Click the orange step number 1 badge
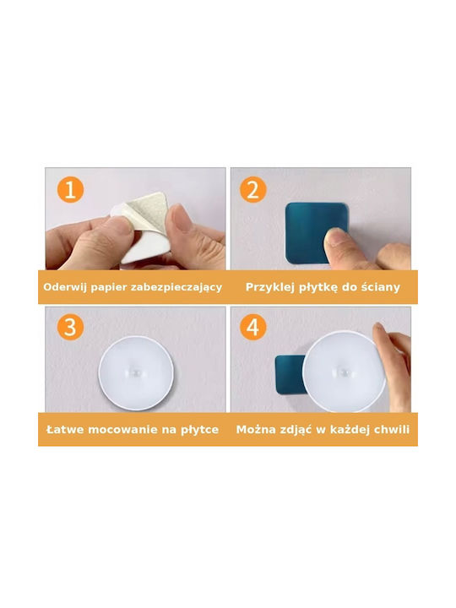[x=70, y=190]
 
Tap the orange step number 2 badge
[x=252, y=190]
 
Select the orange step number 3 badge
[x=70, y=328]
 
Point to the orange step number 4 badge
[x=252, y=328]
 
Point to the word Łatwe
[x=65, y=430]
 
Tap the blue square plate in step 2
[x=316, y=233]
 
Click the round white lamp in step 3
[x=136, y=372]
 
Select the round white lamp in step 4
[x=344, y=371]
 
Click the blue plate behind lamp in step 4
[x=290, y=375]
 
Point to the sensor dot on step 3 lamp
[x=135, y=372]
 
